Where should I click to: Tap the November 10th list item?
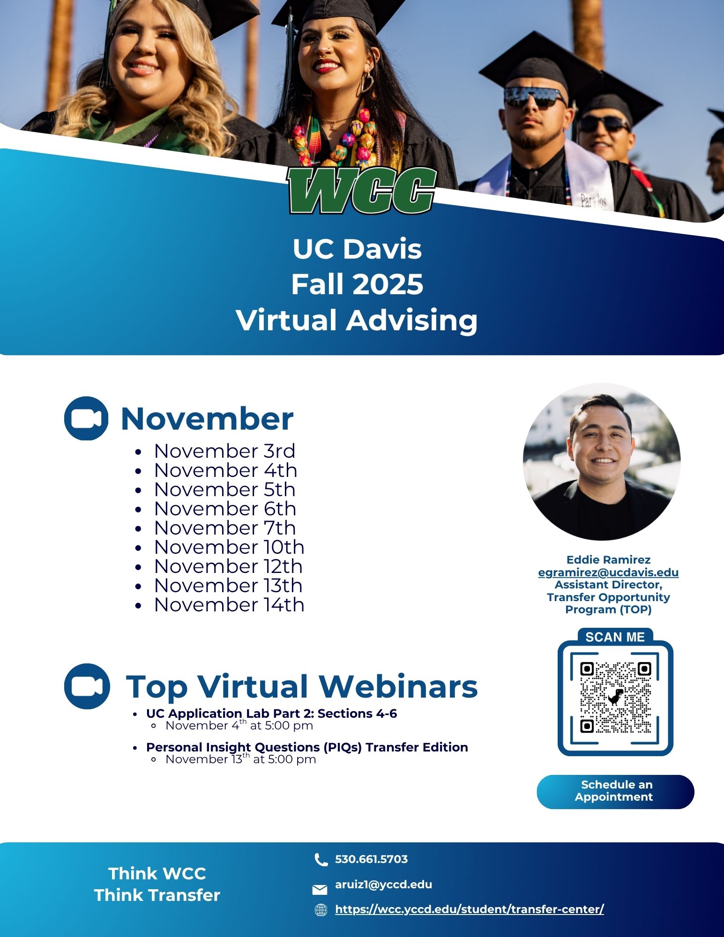pos(229,547)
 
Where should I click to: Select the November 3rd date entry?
pos(224,451)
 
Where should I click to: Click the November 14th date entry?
pos(229,605)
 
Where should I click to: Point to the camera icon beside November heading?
pos(86,418)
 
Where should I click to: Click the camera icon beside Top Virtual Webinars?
pos(87,686)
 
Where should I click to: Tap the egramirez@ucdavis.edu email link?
pos(608,572)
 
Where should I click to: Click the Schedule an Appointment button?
pos(615,791)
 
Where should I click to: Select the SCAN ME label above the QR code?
pos(615,637)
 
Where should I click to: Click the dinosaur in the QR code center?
pos(616,697)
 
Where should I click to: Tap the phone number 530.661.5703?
pos(371,859)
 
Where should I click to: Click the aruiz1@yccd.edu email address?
pos(383,885)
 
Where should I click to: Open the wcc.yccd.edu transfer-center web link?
pos(470,909)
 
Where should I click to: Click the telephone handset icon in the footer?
pos(321,860)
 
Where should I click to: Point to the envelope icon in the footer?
pos(320,889)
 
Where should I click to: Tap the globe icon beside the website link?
pos(321,910)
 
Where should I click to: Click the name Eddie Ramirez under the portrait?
pos(608,560)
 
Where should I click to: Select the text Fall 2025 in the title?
pos(357,284)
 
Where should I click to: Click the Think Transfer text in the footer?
pos(157,895)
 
